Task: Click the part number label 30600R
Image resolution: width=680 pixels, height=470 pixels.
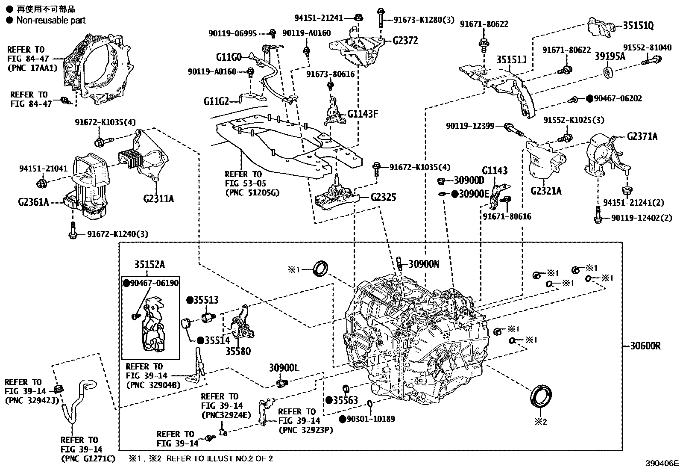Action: (645, 346)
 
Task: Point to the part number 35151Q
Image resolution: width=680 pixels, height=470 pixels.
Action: (638, 25)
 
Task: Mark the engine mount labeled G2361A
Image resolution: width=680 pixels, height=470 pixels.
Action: (88, 186)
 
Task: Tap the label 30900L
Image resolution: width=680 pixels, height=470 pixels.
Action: (284, 367)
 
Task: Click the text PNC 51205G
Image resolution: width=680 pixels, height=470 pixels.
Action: (252, 192)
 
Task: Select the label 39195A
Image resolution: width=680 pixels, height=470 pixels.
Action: (610, 56)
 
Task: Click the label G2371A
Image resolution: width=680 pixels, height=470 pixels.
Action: (642, 137)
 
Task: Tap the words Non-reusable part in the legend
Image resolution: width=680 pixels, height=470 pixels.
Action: (51, 20)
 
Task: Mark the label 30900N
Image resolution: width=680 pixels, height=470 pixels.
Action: (424, 264)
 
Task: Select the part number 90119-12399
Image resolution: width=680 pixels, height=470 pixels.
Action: (470, 126)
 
